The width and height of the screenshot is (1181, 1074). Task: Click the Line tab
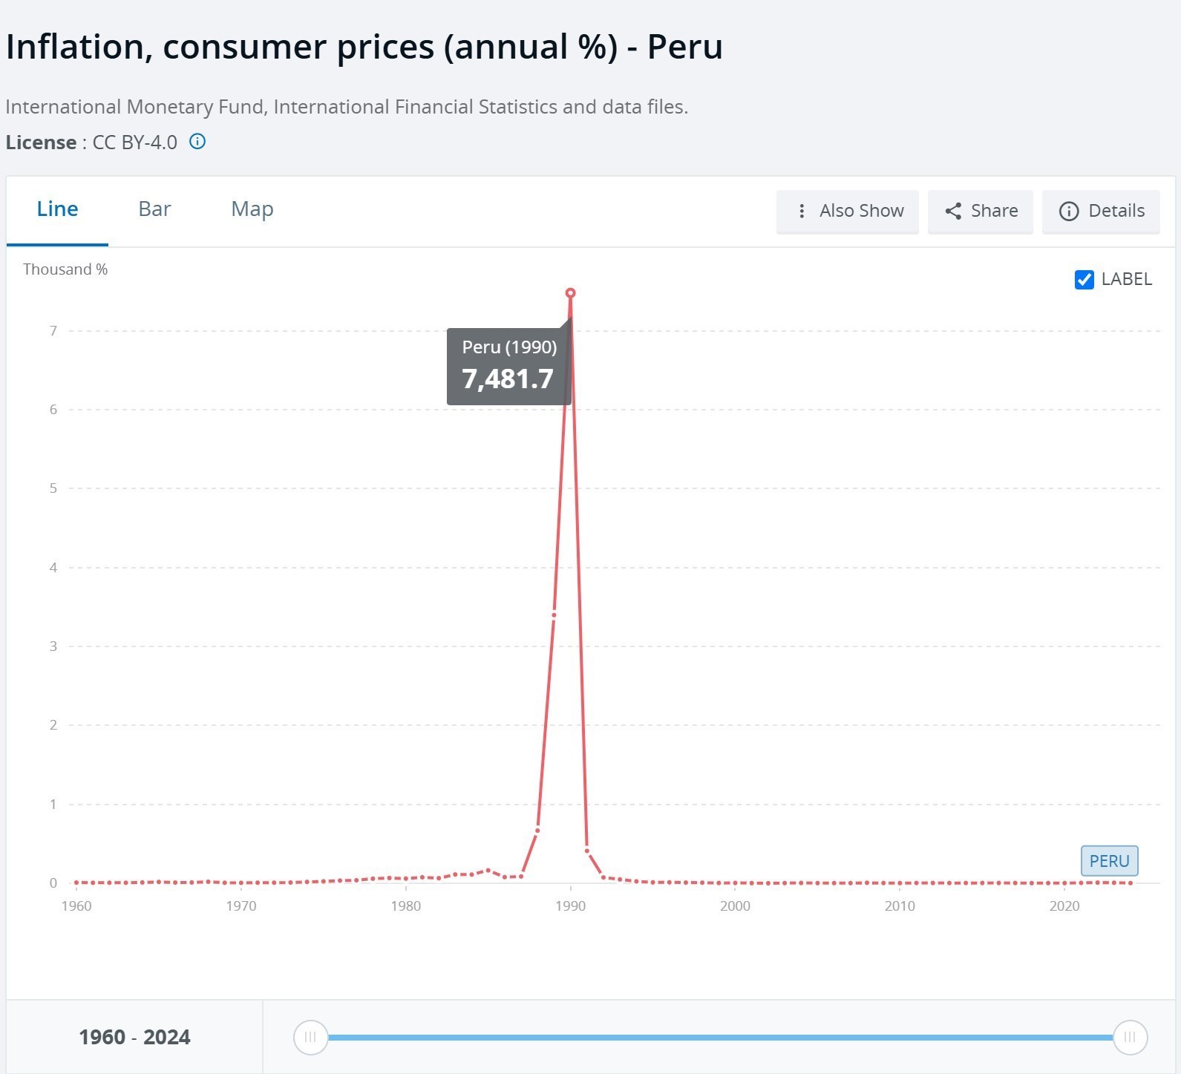[57, 209]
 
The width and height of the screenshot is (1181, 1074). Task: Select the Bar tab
[154, 209]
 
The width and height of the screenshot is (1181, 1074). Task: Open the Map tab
[252, 209]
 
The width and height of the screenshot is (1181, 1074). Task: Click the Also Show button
[848, 212]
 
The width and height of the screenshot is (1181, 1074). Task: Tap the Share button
[981, 212]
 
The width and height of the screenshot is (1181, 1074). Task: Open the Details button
[1101, 212]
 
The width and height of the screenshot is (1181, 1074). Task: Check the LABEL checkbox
[1085, 280]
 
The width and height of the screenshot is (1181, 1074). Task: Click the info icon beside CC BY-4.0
[197, 142]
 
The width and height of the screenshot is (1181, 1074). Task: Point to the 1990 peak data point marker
[570, 293]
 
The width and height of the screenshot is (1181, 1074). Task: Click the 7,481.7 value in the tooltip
[508, 379]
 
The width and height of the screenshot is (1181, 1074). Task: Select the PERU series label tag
[1109, 861]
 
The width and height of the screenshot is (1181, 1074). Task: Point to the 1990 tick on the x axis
[570, 906]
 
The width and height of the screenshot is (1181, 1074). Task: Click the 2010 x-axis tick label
[900, 906]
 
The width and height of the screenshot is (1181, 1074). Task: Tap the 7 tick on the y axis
[53, 331]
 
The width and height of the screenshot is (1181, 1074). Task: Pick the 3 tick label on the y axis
[53, 646]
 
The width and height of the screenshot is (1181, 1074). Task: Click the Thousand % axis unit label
[65, 269]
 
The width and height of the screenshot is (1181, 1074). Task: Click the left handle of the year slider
[310, 1037]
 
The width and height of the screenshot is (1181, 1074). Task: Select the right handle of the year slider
[1130, 1037]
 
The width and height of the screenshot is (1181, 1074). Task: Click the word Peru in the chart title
[684, 47]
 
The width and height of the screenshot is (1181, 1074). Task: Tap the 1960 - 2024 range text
[134, 1037]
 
